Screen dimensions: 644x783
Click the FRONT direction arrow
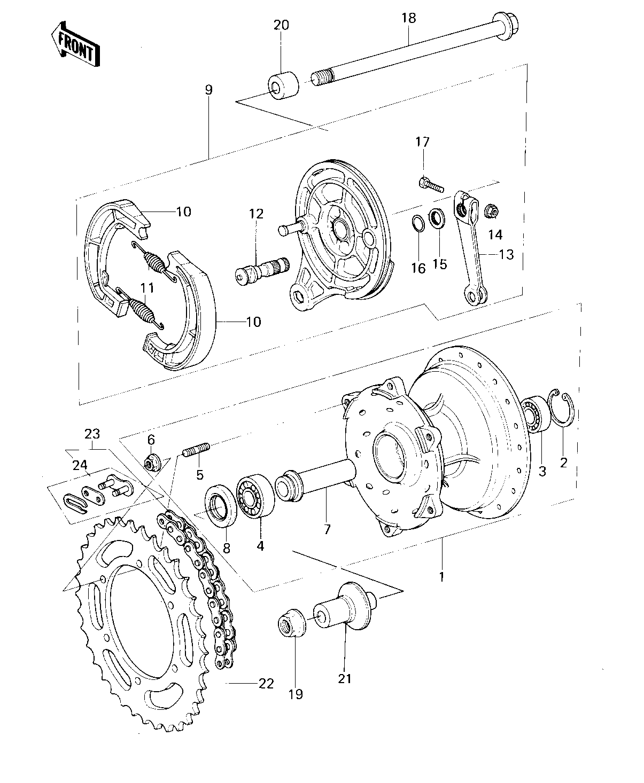(75, 44)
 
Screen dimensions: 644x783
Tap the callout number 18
(409, 18)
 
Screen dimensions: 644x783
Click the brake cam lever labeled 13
(470, 247)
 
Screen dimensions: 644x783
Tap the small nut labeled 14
(492, 212)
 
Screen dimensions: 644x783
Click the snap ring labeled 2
(562, 409)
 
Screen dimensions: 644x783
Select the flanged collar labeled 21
(344, 607)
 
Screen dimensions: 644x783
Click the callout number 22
(266, 684)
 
